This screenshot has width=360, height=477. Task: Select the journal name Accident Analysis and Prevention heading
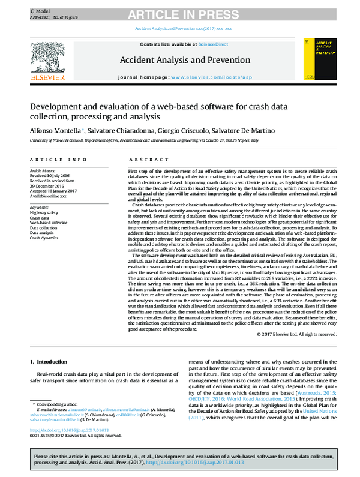point(179,60)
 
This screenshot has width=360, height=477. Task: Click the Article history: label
point(46,170)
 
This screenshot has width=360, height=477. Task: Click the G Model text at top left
point(39,11)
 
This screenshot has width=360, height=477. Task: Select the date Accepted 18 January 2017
point(55,190)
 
